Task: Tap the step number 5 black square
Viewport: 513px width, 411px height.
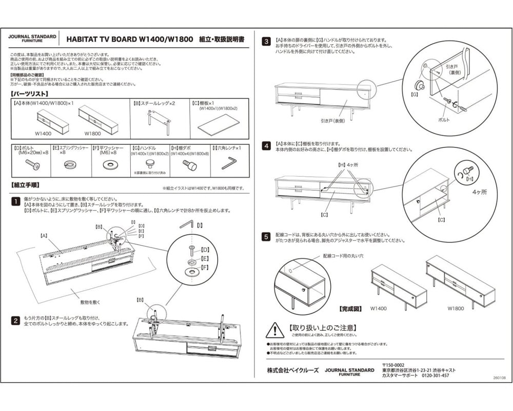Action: tap(267, 237)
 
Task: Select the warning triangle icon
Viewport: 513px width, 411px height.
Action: tap(276, 329)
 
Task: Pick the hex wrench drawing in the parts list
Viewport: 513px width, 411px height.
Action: tap(228, 163)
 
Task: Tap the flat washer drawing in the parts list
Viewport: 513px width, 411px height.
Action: tap(109, 165)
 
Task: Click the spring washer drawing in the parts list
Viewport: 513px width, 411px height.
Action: tap(68, 165)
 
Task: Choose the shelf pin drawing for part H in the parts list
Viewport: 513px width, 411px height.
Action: tap(189, 165)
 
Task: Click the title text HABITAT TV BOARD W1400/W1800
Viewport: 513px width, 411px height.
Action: tap(129, 39)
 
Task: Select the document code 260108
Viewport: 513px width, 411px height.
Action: tap(496, 377)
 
